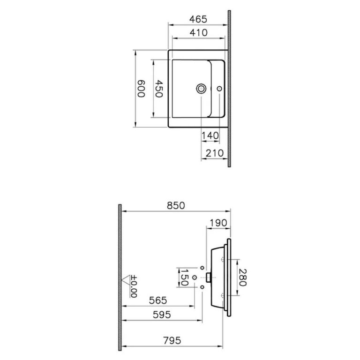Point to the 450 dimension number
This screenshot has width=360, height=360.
(x=159, y=88)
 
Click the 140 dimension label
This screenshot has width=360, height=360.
(x=210, y=135)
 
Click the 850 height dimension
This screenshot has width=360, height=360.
(x=175, y=206)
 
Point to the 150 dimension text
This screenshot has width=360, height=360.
(x=184, y=277)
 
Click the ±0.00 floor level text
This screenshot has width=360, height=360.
(x=134, y=286)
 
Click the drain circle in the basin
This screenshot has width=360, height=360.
(x=202, y=88)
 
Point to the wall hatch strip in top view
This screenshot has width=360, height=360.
(x=229, y=88)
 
